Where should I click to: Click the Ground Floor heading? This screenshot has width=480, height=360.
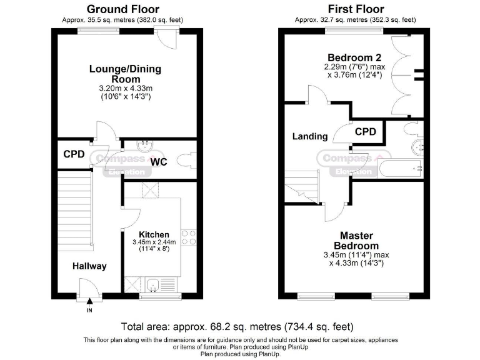click(x=122, y=9)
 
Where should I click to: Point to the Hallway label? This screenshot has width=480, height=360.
click(x=89, y=266)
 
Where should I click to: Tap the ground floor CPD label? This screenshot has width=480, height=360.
click(x=74, y=154)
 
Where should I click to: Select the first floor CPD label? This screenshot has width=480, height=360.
click(x=366, y=132)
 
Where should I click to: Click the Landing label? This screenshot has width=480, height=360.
click(x=310, y=136)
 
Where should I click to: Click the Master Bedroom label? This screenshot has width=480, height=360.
click(x=356, y=241)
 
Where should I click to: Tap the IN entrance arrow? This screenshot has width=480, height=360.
click(x=89, y=303)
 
